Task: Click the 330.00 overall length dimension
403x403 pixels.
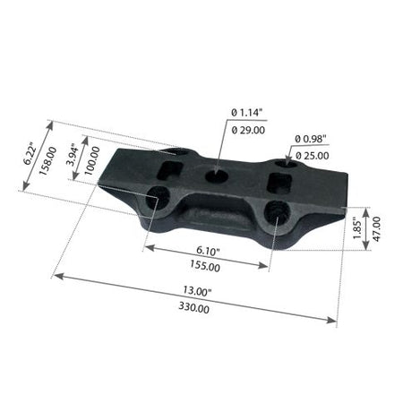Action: coord(194,307)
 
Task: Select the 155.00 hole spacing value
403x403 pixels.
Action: coord(205,266)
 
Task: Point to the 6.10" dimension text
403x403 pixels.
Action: coord(208,251)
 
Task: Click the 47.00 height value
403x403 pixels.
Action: coord(376,229)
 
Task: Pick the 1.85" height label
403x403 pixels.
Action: coord(357,228)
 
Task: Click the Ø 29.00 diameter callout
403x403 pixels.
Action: coord(248,130)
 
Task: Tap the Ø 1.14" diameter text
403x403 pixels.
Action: coord(247,113)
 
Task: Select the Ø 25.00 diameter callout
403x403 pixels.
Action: coord(312,156)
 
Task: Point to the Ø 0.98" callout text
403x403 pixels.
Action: coord(311,139)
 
